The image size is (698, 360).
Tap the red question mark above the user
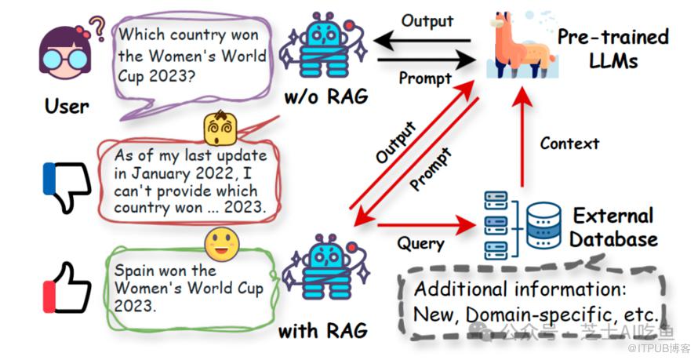(98, 28)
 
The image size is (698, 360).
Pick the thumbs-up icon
(66, 288)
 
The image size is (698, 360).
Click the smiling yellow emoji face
(222, 245)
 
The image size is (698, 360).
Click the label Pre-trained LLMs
(613, 49)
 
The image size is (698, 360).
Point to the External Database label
(613, 227)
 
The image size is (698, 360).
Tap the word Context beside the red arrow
(569, 144)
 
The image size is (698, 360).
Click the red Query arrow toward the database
(427, 227)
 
